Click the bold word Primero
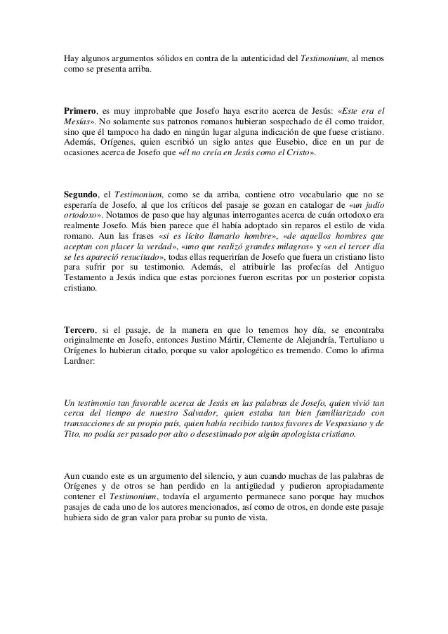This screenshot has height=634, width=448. (x=79, y=111)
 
